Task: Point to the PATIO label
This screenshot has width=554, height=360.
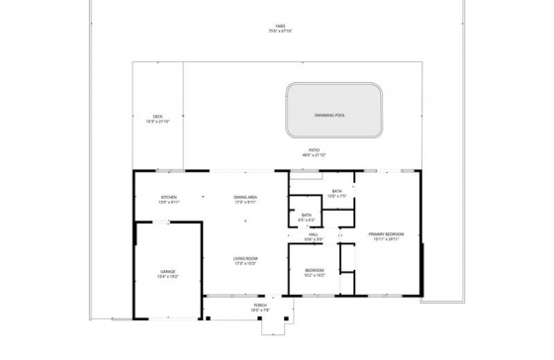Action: (x=313, y=150)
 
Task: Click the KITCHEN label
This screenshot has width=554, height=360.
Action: (x=168, y=197)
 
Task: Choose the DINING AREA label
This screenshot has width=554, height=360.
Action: (x=245, y=197)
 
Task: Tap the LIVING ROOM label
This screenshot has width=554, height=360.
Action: (x=245, y=258)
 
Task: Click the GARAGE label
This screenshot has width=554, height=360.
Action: (x=168, y=271)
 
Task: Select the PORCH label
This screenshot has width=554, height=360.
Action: (x=260, y=306)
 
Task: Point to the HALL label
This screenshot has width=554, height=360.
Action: (x=313, y=234)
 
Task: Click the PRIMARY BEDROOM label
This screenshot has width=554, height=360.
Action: (x=387, y=234)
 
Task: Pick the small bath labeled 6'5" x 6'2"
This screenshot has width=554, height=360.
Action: (x=307, y=215)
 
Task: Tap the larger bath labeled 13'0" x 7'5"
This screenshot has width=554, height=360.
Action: (x=336, y=192)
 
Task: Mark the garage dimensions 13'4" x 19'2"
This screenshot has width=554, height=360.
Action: (x=168, y=276)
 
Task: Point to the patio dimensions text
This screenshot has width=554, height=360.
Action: (x=313, y=155)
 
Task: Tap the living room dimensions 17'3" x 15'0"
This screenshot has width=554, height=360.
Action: (x=245, y=263)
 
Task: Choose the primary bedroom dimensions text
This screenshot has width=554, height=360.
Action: (x=387, y=239)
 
